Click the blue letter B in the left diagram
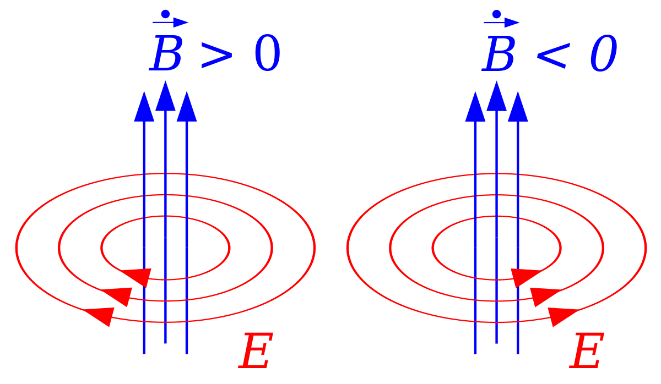click(x=167, y=55)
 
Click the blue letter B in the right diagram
click(x=499, y=55)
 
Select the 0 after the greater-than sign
click(x=267, y=56)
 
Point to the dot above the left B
click(x=165, y=13)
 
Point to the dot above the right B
click(x=496, y=13)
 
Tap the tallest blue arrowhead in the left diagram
click(x=165, y=97)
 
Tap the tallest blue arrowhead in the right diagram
click(x=496, y=97)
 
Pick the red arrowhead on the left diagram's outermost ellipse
click(x=101, y=316)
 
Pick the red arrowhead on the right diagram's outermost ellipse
click(x=561, y=316)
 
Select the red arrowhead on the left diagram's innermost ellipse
click(x=137, y=276)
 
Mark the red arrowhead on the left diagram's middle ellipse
click(x=119, y=296)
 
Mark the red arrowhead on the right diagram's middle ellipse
click(x=544, y=296)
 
